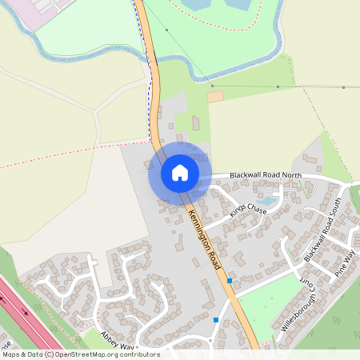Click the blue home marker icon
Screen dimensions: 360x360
click(179, 173)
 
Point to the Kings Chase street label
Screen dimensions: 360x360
click(247, 210)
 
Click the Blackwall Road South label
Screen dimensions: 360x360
click(322, 230)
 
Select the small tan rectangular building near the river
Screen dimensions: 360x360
click(215, 97)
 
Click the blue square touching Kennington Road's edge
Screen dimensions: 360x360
click(230, 281)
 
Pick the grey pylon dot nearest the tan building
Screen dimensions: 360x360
click(213, 85)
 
